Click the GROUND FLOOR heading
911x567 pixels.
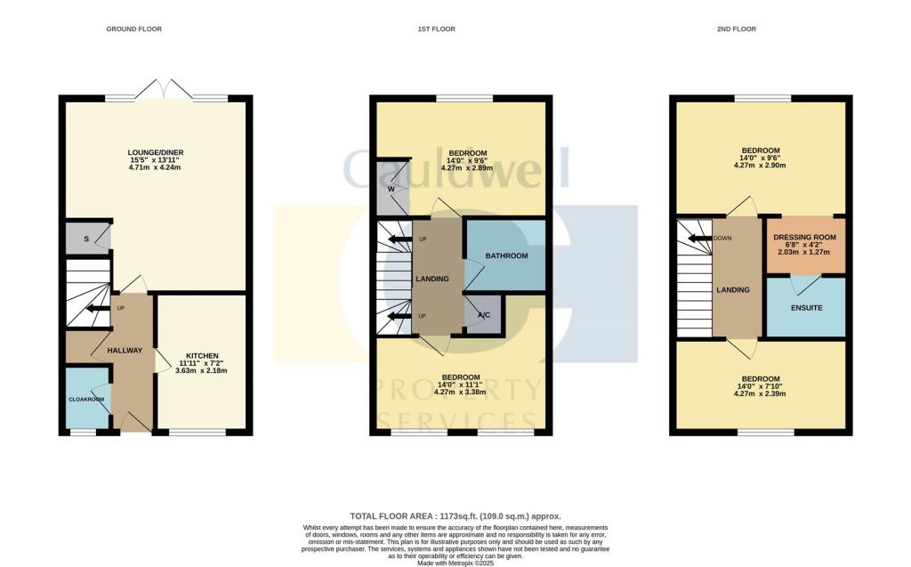click(x=133, y=29)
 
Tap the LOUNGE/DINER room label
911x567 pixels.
click(x=155, y=152)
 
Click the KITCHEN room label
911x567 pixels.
click(x=199, y=353)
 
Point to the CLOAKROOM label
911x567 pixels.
click(x=86, y=400)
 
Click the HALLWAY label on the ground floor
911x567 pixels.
click(x=125, y=351)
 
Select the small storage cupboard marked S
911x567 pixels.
click(x=85, y=238)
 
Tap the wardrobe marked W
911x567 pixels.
click(x=391, y=189)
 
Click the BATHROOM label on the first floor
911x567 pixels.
click(x=506, y=256)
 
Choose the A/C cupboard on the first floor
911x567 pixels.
click(x=483, y=315)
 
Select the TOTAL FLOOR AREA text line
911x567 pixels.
click(x=455, y=516)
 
